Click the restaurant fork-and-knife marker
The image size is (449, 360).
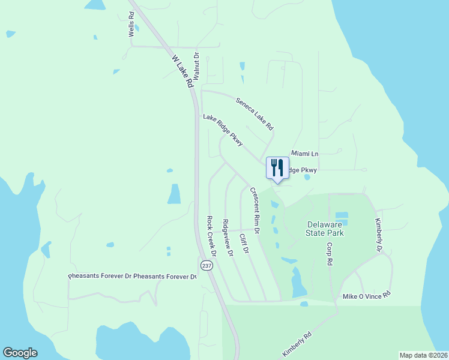tap(277, 168)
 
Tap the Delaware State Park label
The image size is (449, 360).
tap(323, 228)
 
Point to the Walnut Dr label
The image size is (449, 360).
tap(196, 64)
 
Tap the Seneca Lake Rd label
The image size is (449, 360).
tap(255, 115)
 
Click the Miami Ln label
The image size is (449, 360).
tap(304, 154)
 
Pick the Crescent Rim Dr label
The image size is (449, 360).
tap(255, 211)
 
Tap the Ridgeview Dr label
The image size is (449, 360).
tap(227, 238)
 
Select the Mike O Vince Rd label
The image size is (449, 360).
tap(366, 295)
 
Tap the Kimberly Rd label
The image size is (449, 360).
tap(297, 345)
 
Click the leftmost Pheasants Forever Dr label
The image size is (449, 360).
tap(99, 277)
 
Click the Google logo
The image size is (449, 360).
tap(20, 353)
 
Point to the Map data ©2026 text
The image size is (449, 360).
tap(423, 355)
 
